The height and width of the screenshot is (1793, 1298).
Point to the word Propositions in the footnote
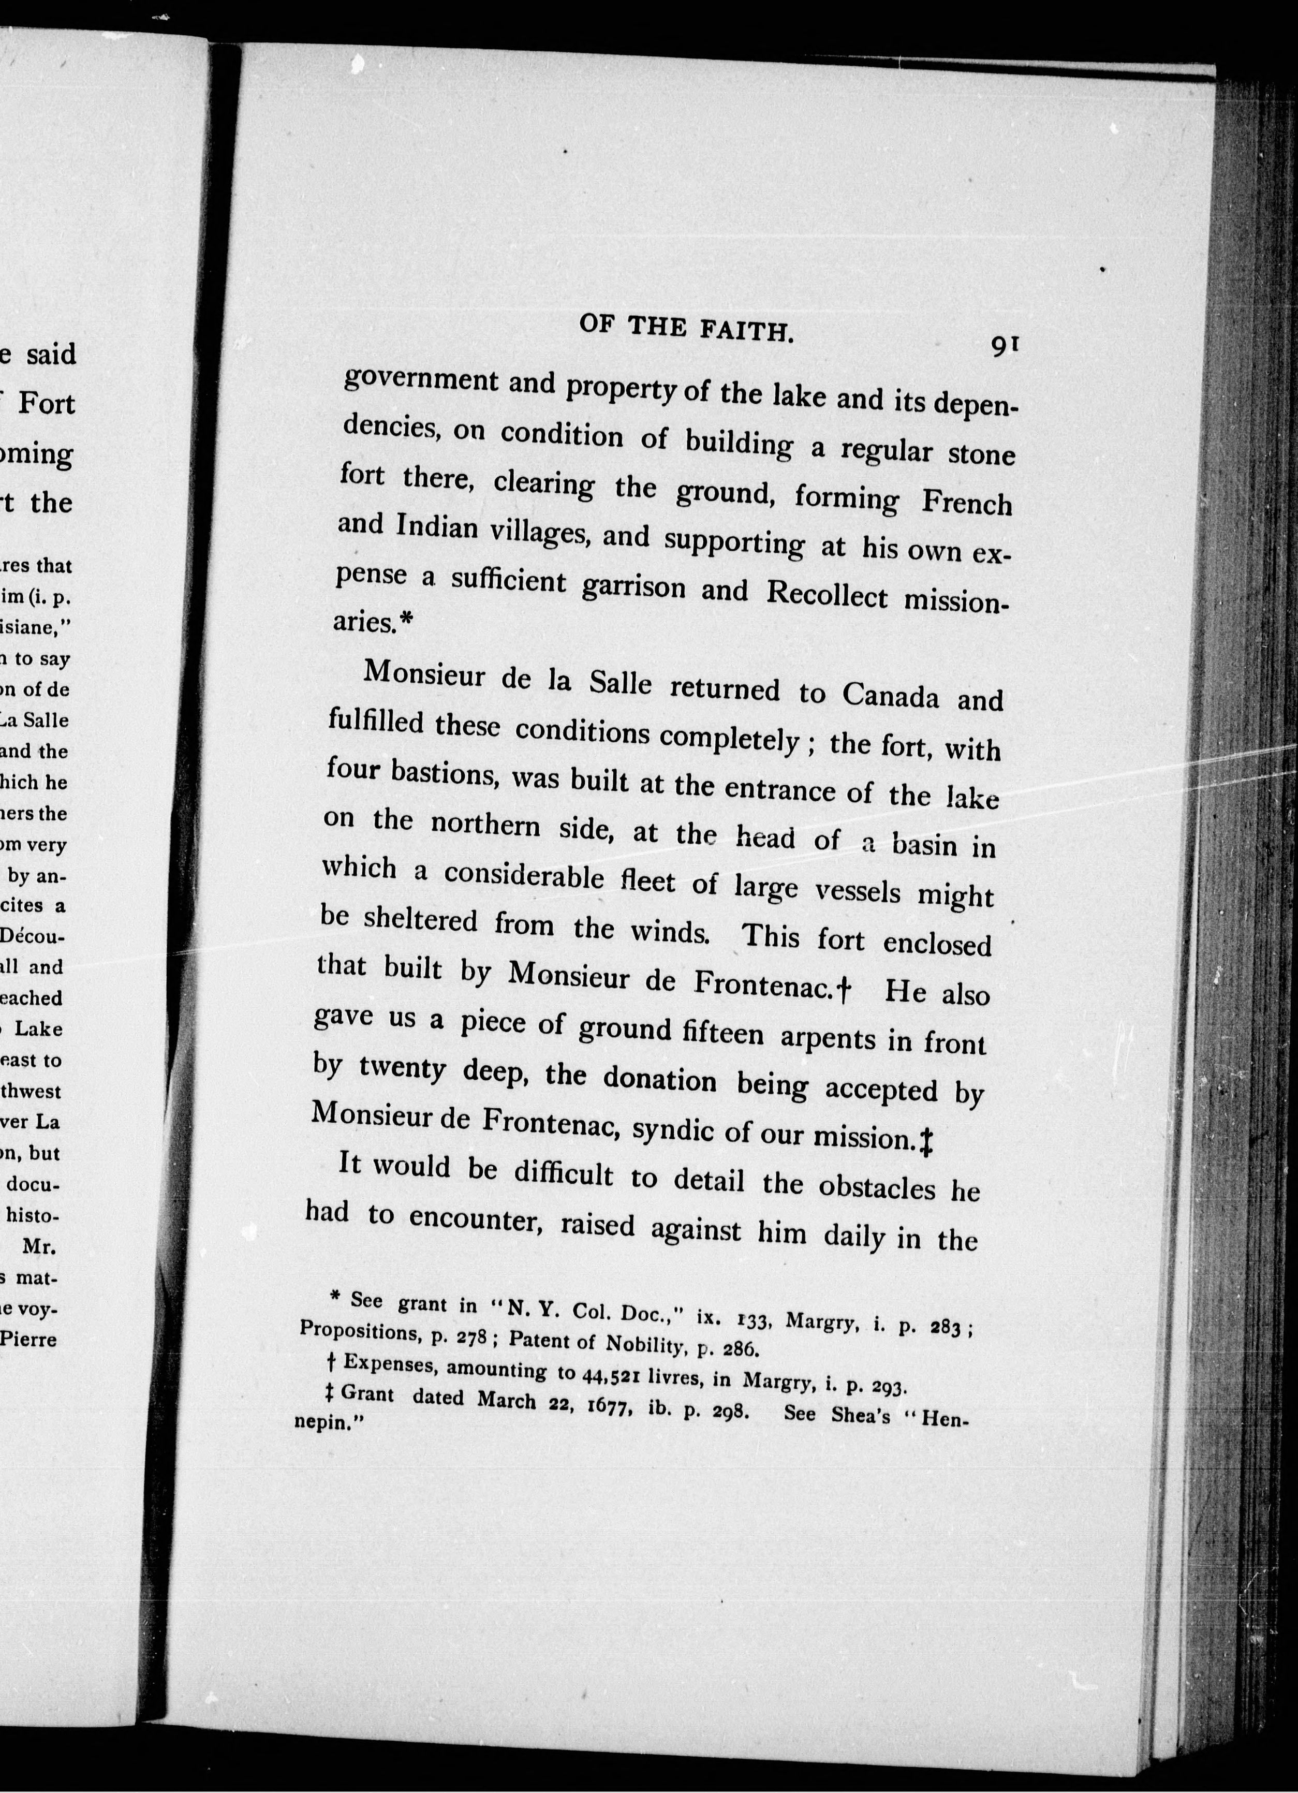coord(360,1331)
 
